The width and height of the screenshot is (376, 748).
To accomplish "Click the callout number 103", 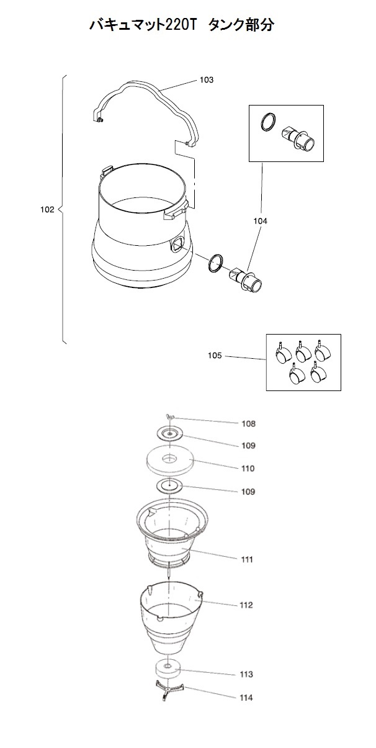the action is (207, 80).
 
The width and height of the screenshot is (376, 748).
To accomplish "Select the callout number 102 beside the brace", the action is (47, 209).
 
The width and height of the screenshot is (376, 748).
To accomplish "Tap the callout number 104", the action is (260, 221).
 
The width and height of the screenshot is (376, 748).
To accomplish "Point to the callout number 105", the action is (215, 356).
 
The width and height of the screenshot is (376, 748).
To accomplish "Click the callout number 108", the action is (249, 424).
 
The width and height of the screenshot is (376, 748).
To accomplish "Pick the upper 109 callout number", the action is (249, 446).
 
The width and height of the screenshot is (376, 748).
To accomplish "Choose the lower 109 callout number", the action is (248, 492).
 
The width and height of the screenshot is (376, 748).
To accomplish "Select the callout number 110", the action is (248, 469).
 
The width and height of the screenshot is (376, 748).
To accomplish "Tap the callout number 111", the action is (247, 559).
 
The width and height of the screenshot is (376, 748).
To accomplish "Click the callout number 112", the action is (246, 605).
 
